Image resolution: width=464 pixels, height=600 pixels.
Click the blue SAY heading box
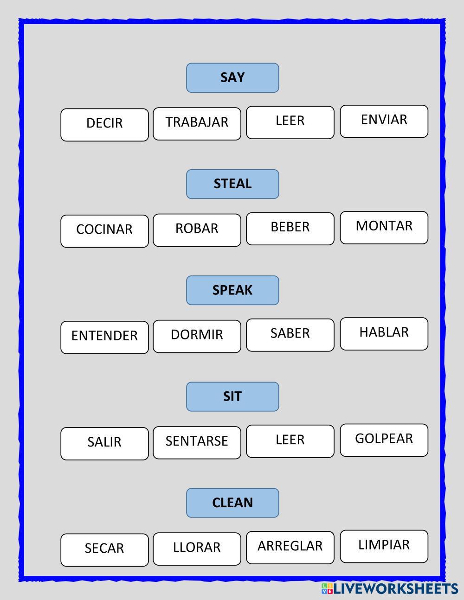pos(232,78)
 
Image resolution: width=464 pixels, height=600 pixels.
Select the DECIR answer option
pos(104,125)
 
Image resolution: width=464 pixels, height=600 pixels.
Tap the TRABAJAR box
pos(197,123)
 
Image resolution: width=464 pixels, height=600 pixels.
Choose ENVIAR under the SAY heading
pos(384,121)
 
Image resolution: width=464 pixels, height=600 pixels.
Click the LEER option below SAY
pos(290,122)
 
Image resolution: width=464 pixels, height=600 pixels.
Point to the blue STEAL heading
pos(232,184)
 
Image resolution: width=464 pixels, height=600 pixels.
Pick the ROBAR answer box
pos(197,230)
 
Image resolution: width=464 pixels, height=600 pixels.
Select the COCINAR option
pos(104,231)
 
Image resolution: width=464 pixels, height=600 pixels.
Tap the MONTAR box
pos(384,227)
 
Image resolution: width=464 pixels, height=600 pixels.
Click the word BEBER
pos(290,228)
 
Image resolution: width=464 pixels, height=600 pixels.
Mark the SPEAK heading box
pos(232,290)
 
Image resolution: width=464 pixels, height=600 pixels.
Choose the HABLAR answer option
pos(384,333)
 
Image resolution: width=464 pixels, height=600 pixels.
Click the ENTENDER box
pos(104,337)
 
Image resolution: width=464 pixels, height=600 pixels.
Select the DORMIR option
pos(197,336)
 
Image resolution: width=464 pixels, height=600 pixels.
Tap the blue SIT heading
pos(232,396)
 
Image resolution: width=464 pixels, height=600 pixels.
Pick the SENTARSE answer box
pos(197,442)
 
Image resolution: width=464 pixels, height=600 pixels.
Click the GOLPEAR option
pos(384,440)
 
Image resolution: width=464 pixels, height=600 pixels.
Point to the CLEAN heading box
pos(232,503)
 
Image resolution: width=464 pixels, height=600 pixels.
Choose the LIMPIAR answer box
pos(384,546)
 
